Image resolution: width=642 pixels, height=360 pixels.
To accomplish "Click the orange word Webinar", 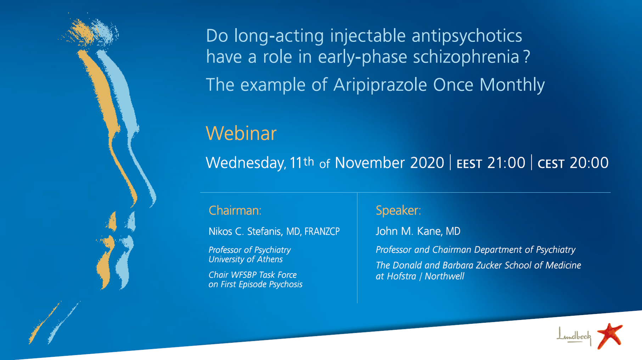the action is (x=241, y=134).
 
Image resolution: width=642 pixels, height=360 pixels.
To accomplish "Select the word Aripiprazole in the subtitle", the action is (x=380, y=85).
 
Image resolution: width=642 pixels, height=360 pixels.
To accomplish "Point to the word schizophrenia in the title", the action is (x=466, y=57).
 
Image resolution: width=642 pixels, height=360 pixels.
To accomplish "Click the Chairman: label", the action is (x=235, y=210).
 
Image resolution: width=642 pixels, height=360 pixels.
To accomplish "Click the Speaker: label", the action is (x=398, y=210).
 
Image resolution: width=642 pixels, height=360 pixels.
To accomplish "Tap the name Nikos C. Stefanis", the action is (x=245, y=231).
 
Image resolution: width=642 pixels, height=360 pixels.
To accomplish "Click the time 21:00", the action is (x=506, y=163).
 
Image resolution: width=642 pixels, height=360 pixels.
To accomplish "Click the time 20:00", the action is (x=589, y=163).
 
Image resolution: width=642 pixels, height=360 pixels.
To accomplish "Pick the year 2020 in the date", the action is (x=427, y=163).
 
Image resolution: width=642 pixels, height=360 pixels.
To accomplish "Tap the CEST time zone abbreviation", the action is (x=551, y=164).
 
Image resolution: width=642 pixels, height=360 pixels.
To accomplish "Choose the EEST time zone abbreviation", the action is (x=469, y=164).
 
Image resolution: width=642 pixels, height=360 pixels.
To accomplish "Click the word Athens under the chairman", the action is (x=270, y=259).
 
